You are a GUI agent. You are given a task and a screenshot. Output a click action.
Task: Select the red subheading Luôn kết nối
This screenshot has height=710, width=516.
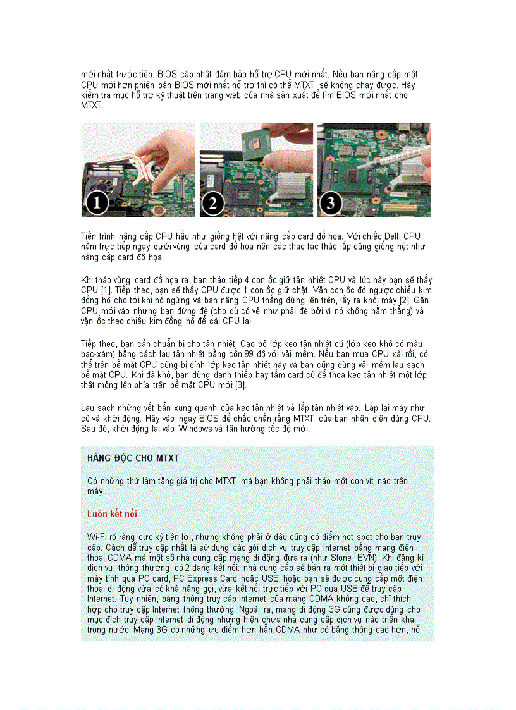click(x=112, y=514)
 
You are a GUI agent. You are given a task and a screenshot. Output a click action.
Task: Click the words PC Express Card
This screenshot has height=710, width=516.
click(x=207, y=578)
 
